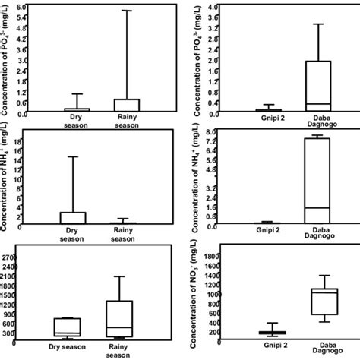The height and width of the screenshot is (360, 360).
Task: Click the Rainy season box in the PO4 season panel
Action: (127, 106)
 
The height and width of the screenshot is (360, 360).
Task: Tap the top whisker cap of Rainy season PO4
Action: (127, 11)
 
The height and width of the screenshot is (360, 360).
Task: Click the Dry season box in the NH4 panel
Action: (73, 217)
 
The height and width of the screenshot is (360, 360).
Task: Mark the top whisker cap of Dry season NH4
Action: (73, 157)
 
